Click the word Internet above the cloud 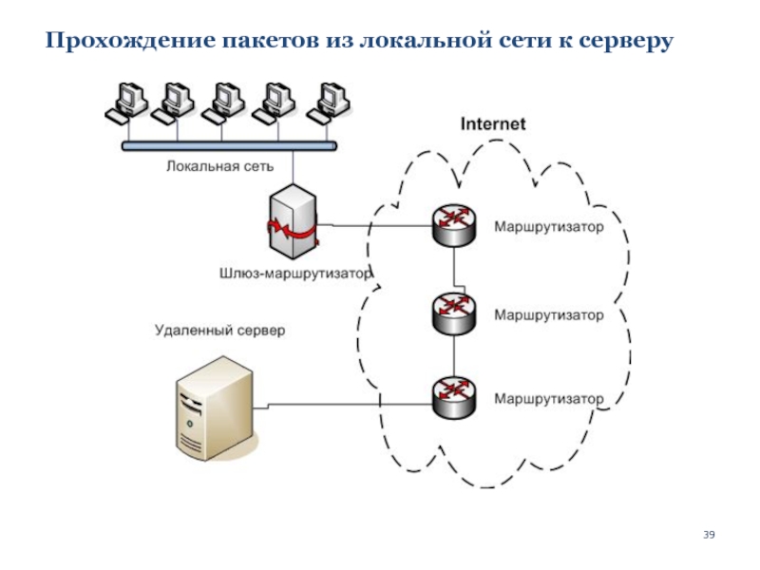click(492, 124)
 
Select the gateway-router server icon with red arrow click(293, 221)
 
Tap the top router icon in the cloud click(454, 225)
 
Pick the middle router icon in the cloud click(454, 313)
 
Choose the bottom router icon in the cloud click(454, 397)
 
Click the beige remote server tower click(217, 408)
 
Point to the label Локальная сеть click(220, 166)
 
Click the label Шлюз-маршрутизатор click(295, 274)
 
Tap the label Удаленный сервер click(220, 331)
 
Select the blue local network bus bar click(229, 146)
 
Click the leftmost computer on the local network click(126, 104)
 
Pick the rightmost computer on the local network click(329, 104)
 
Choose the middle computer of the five click(223, 104)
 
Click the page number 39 click(709, 535)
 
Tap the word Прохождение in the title click(130, 41)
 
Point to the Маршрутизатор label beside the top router click(549, 227)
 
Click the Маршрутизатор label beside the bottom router click(549, 399)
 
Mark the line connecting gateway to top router click(374, 225)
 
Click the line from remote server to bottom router click(343, 404)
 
